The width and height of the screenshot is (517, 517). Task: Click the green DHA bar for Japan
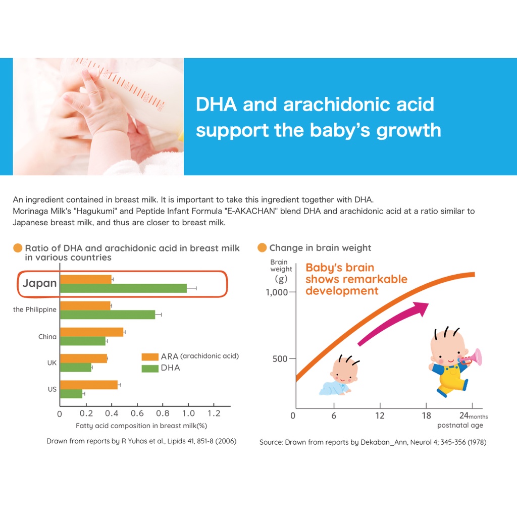[x=124, y=288]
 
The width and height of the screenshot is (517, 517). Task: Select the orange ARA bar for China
[x=92, y=332]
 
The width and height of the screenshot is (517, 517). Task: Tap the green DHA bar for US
[x=71, y=394]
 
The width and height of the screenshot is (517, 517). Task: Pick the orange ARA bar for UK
[x=83, y=358]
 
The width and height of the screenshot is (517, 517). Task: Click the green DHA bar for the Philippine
[x=108, y=315]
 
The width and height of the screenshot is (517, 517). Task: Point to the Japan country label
[x=40, y=283]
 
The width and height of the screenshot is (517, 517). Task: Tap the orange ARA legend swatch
[x=150, y=356]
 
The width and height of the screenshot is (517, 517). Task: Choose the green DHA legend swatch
[x=150, y=368]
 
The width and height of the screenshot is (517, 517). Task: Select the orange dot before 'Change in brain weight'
[x=262, y=248]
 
